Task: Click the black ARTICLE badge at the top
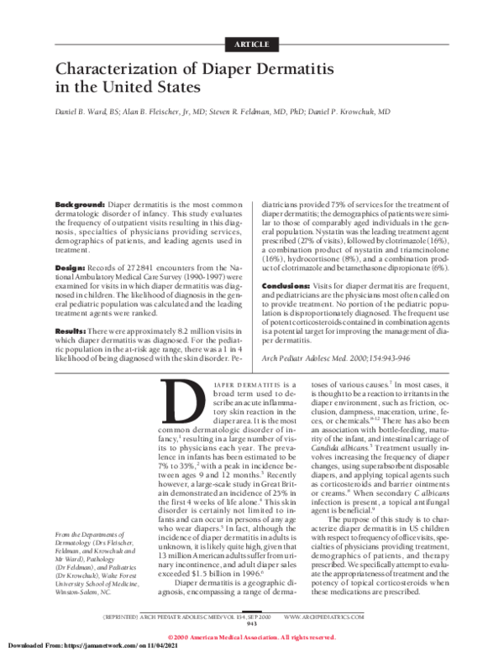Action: pyautogui.click(x=251, y=43)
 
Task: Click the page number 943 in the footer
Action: pyautogui.click(x=251, y=623)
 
